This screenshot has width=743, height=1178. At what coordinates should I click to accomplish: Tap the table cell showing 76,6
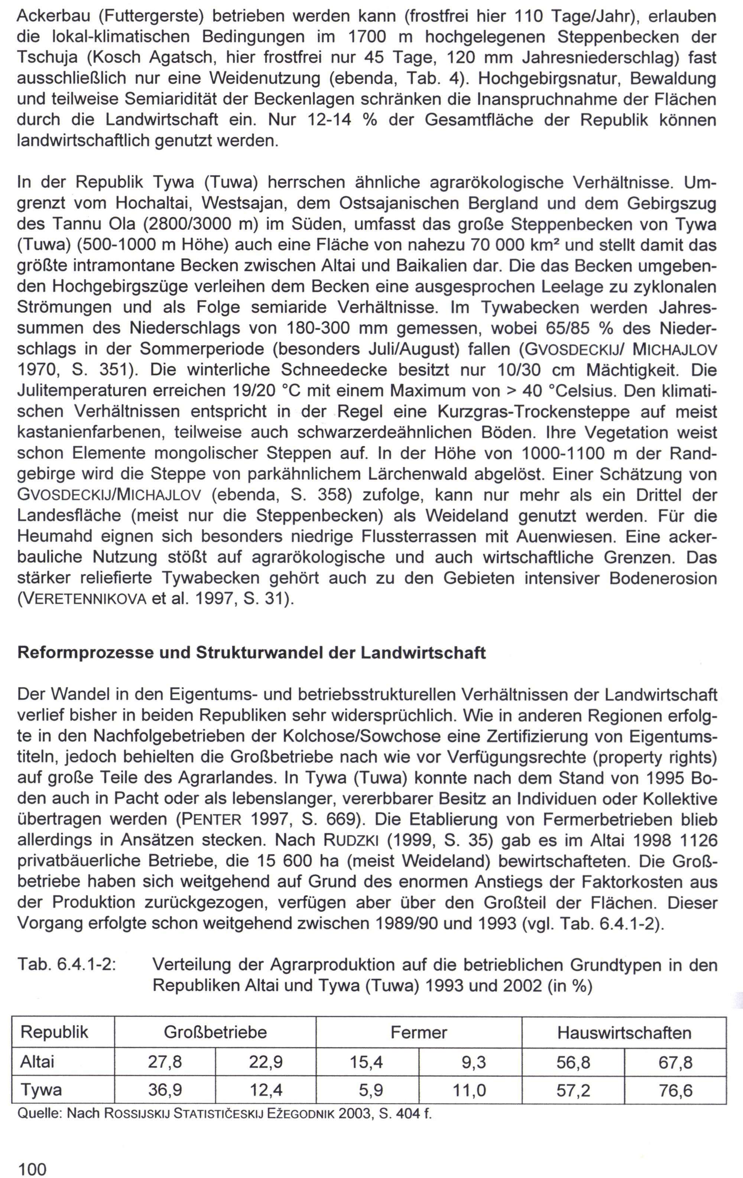tap(675, 1090)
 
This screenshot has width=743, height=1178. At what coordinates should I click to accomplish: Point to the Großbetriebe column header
tap(215, 1032)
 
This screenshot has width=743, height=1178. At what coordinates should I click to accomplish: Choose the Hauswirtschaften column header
tap(624, 1032)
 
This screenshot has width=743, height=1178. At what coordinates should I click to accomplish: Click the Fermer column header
tap(419, 1032)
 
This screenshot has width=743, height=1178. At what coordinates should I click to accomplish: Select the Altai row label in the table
tap(37, 1062)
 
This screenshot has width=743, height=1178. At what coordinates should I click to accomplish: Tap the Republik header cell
tap(54, 1032)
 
